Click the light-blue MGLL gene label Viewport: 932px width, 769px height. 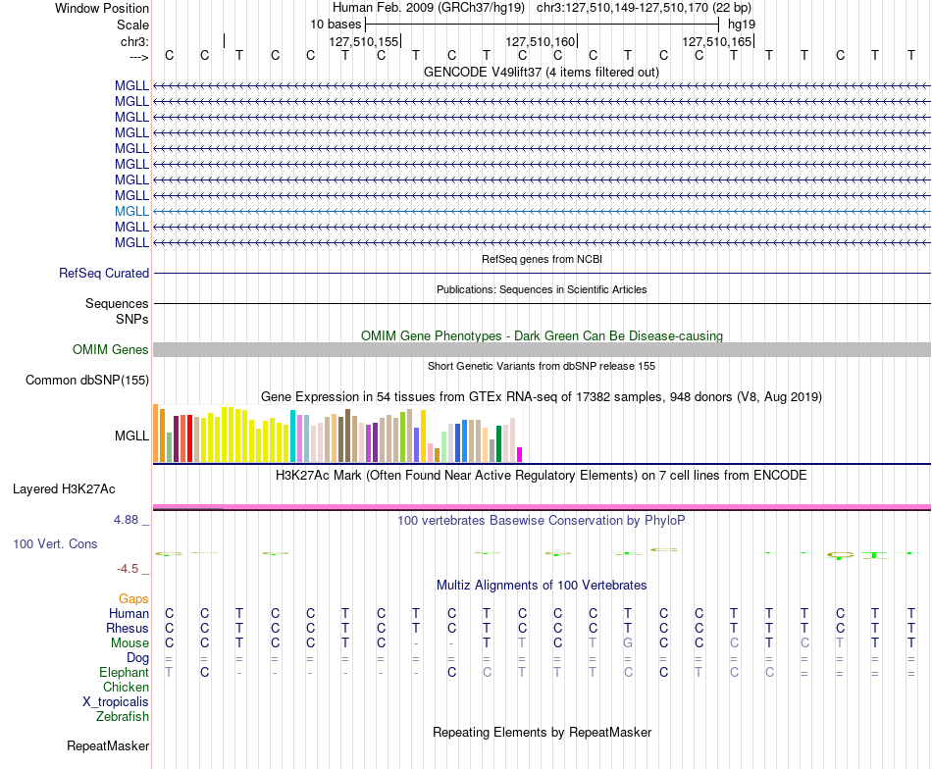[131, 211]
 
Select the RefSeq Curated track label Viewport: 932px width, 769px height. [103, 273]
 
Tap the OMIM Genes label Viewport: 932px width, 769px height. [110, 349]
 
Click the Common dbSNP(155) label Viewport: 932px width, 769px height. [86, 380]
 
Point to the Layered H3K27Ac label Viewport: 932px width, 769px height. [64, 489]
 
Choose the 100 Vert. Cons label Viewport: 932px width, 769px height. [55, 543]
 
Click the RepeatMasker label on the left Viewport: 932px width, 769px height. [108, 745]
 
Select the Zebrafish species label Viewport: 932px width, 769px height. [123, 716]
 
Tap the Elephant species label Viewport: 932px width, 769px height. [124, 672]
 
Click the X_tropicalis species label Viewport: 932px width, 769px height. [116, 702]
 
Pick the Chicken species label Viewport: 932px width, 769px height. [126, 687]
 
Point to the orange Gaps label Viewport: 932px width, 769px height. [133, 598]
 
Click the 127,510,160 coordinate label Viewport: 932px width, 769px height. [541, 41]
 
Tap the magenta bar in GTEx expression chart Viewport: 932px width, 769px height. [520, 454]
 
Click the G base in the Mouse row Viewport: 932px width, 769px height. [628, 643]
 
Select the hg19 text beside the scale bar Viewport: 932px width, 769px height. [742, 25]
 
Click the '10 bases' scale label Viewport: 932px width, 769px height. [336, 25]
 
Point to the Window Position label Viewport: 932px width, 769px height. [102, 8]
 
